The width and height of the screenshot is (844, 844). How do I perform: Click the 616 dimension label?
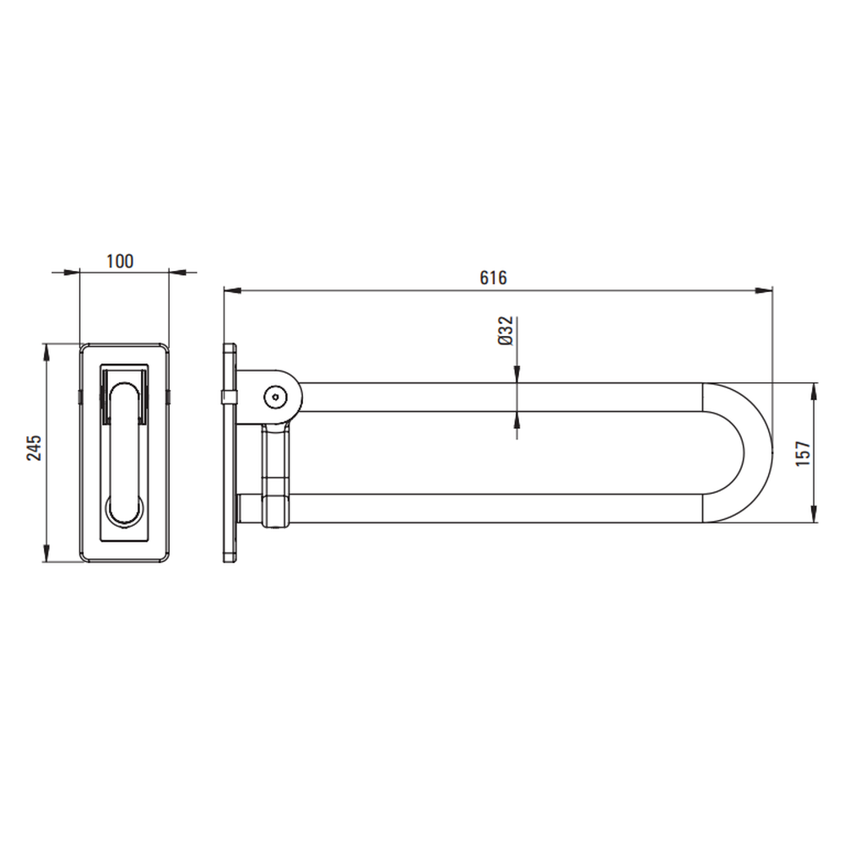coord(493,278)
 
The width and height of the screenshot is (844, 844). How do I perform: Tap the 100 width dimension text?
coord(120,261)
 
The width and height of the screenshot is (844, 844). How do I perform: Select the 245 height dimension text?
coord(34,447)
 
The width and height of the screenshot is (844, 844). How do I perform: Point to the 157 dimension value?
coord(803,452)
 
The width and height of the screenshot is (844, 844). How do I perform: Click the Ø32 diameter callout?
coord(506,331)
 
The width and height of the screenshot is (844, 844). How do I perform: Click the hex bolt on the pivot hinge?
coord(276,398)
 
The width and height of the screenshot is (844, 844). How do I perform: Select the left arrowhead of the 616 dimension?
coord(232,290)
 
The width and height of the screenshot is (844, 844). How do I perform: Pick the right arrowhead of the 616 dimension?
coord(764,290)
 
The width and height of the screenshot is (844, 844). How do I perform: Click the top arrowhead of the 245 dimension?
coord(46,353)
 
